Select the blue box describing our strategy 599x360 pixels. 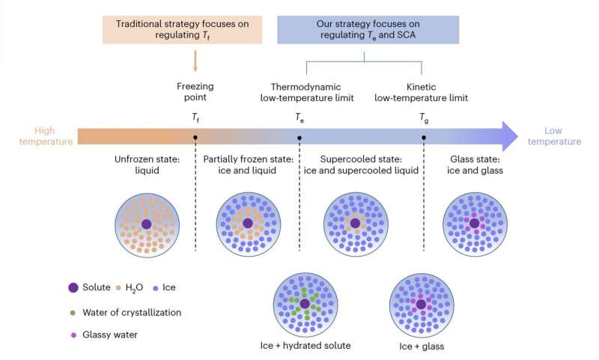tap(364, 25)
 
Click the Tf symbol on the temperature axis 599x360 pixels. tap(195, 118)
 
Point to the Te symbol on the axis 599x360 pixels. tap(299, 118)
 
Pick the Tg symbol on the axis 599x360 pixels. tap(425, 118)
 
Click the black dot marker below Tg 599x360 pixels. tap(425, 138)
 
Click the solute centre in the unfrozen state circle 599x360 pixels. tap(146, 224)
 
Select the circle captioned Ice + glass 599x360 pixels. tap(421, 304)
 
